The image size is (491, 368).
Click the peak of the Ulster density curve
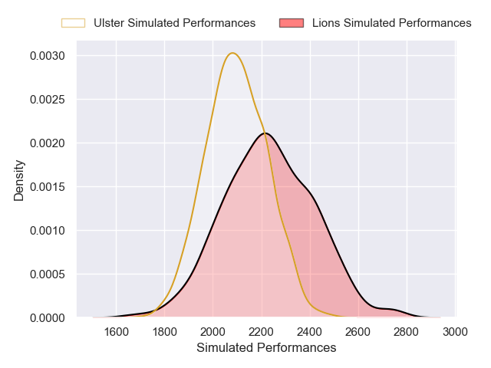(232, 53)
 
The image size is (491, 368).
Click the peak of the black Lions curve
(265, 133)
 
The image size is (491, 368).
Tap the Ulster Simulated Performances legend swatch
(73, 23)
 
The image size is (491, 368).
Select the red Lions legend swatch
(292, 23)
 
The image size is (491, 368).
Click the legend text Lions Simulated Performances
(391, 23)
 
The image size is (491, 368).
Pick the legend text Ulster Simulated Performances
(174, 23)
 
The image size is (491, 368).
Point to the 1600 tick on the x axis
(116, 331)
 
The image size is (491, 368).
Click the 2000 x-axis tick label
(213, 331)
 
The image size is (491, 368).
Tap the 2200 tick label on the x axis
(262, 331)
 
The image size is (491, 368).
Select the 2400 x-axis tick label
(310, 331)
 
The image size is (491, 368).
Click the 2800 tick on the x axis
(407, 331)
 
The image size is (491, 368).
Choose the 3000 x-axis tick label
(455, 331)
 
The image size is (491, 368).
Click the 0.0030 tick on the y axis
(48, 56)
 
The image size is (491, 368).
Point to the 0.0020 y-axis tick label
(48, 143)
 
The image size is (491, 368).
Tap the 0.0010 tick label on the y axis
(48, 230)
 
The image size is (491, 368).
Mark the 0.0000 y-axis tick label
(48, 317)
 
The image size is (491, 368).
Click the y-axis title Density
(19, 180)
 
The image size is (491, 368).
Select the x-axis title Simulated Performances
(266, 348)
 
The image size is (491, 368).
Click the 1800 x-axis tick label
(165, 331)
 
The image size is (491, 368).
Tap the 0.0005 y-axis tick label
(48, 274)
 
